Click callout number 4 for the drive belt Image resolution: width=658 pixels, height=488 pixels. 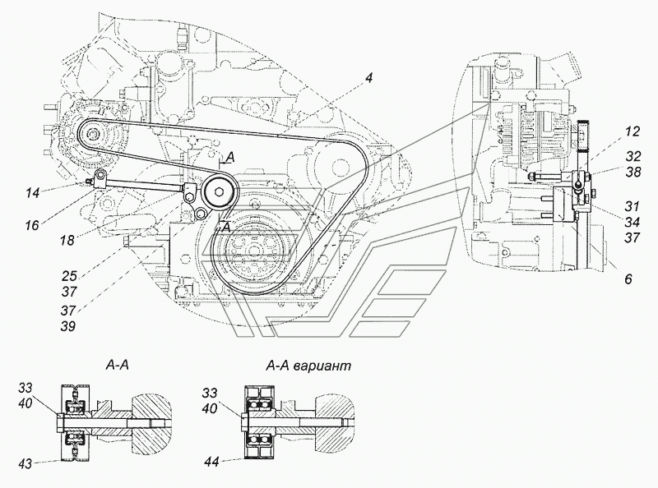368,78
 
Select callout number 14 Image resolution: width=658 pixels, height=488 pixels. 32,193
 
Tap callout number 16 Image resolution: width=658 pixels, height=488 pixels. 31,226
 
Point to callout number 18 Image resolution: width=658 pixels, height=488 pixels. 67,240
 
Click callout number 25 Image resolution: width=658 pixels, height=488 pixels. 70,276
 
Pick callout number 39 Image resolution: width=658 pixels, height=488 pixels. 67,326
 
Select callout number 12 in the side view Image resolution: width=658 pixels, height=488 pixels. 632,131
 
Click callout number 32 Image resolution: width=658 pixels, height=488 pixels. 633,156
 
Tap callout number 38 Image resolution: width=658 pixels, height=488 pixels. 633,172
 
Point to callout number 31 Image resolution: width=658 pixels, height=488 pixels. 631,206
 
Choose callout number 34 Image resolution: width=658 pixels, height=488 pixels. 632,221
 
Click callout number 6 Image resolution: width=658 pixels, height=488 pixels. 628,279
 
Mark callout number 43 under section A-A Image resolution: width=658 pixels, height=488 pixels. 25,463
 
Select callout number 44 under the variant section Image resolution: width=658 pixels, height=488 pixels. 213,462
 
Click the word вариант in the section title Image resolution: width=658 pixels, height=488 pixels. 322,366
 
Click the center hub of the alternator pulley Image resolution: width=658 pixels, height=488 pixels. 92,135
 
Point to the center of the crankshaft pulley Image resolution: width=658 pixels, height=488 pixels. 253,250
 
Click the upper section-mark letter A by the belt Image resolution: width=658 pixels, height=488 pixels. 230,157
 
